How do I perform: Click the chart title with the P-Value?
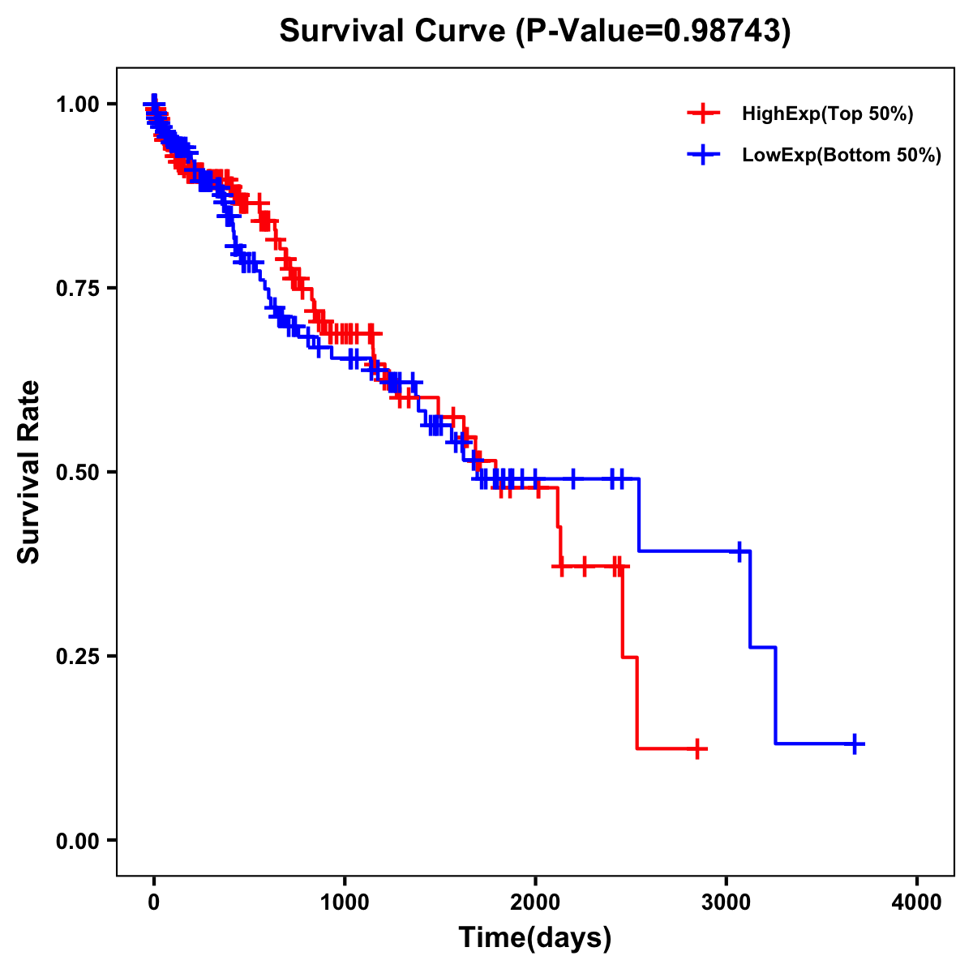point(534,31)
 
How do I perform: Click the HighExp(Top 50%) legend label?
point(827,114)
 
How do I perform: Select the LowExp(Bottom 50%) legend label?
point(841,156)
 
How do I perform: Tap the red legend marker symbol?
point(703,114)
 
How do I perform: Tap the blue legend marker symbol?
point(703,155)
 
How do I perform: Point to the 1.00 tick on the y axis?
point(79,104)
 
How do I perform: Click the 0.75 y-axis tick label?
point(79,288)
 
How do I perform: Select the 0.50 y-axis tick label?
point(79,472)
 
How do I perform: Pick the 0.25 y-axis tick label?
point(79,656)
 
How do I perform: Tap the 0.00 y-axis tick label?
point(79,840)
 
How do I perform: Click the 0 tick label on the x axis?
point(154,902)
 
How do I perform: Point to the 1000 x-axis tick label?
point(345,902)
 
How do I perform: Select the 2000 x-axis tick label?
point(535,902)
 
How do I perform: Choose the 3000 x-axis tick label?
point(727,902)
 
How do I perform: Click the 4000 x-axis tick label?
point(917,902)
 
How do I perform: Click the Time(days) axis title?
point(534,938)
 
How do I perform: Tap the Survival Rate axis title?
point(29,472)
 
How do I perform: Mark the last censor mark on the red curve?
point(697,748)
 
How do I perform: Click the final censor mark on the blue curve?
point(855,744)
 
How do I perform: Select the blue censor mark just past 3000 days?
point(739,551)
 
